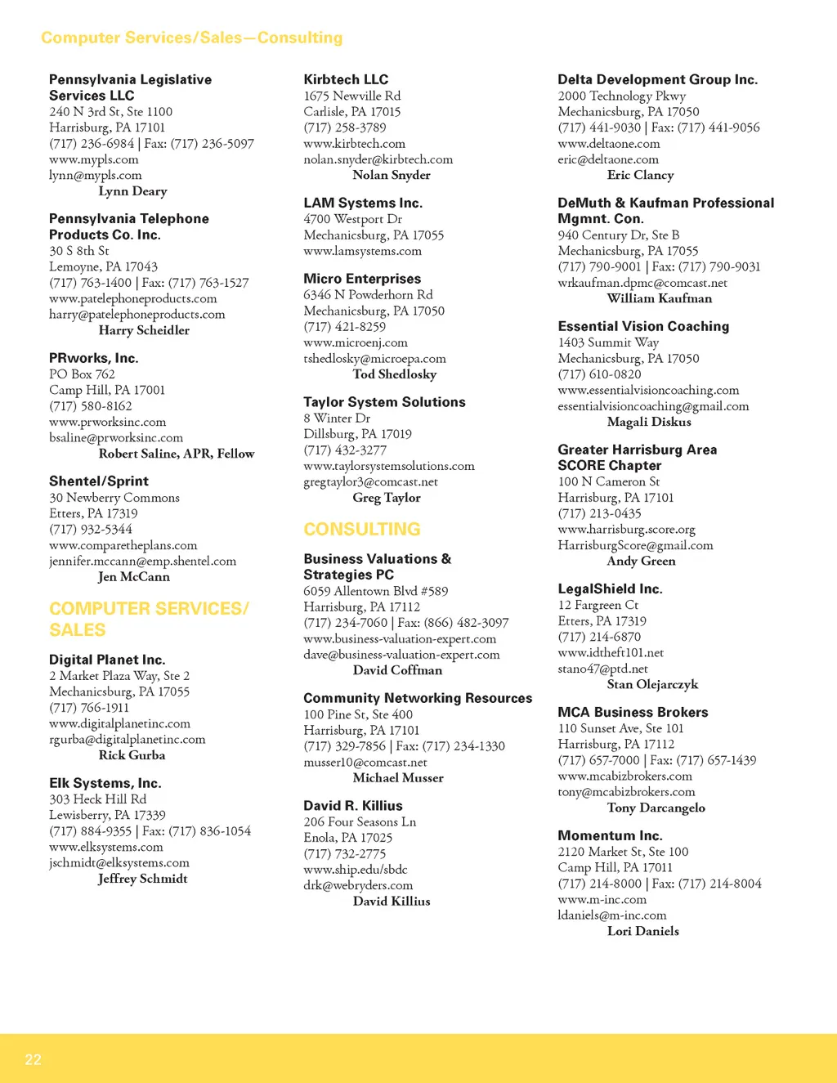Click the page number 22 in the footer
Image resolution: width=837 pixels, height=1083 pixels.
[x=33, y=1059]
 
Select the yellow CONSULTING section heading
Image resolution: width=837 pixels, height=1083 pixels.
[x=361, y=529]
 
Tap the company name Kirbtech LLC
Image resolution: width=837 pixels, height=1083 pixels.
[x=346, y=79]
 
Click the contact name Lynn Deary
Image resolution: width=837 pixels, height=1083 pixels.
[x=132, y=191]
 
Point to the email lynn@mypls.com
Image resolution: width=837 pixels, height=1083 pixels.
[x=95, y=175]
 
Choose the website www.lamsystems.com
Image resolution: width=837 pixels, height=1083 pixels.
[x=362, y=251]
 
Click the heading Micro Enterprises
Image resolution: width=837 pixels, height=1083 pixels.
[x=362, y=279]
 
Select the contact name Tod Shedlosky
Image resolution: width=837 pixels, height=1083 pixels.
[x=395, y=374]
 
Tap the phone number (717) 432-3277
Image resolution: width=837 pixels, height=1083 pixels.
[x=345, y=450]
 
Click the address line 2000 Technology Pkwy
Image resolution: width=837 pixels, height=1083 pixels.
[x=621, y=96]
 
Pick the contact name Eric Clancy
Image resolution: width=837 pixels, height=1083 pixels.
[x=640, y=175]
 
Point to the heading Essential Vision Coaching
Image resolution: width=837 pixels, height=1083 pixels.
[x=643, y=326]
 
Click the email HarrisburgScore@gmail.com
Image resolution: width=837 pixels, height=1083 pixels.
[x=635, y=545]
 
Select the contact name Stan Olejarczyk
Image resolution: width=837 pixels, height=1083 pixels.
[x=652, y=684]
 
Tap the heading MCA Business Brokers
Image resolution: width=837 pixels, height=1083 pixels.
[x=633, y=712]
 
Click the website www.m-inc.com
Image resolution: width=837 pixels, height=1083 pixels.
[x=602, y=899]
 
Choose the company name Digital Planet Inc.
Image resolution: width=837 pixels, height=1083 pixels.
[x=107, y=660]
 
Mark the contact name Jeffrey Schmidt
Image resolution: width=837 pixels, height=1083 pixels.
[x=142, y=879]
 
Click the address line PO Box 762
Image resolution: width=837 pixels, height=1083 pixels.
[x=82, y=374]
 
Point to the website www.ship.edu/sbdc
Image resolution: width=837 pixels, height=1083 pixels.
[x=355, y=869]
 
